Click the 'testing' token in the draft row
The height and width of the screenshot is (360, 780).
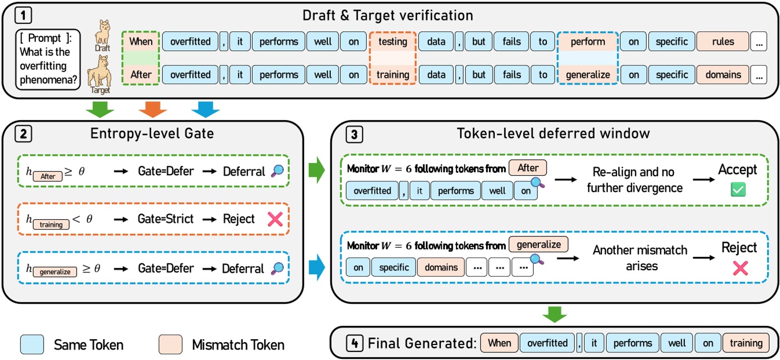(x=393, y=42)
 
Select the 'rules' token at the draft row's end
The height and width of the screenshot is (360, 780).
(x=722, y=42)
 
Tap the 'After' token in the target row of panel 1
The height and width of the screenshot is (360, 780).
(x=141, y=75)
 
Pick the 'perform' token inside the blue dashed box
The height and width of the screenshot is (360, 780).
(x=587, y=42)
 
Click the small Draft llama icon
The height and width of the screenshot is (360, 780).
(x=103, y=35)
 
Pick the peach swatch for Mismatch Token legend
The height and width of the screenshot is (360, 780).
(x=171, y=345)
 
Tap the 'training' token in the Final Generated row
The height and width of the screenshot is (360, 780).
(x=746, y=343)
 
